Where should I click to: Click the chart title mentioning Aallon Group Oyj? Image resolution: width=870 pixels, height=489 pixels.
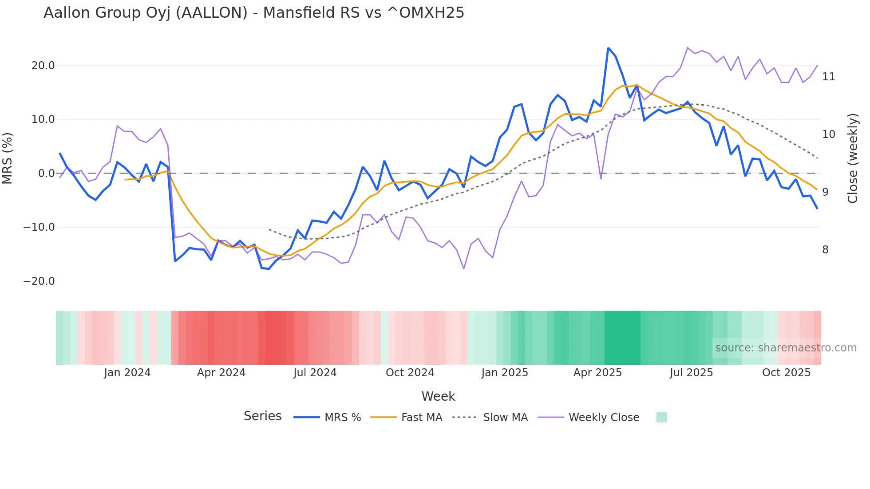click(x=253, y=13)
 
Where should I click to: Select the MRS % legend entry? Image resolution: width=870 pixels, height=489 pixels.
click(x=342, y=418)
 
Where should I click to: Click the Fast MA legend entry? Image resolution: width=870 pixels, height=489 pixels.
click(x=421, y=418)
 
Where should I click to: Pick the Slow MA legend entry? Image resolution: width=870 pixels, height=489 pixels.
click(x=505, y=418)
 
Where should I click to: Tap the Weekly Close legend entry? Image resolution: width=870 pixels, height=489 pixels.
click(x=604, y=418)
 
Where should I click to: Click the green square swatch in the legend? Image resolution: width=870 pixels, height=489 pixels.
click(x=661, y=417)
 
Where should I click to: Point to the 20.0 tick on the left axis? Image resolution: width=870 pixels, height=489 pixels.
click(x=43, y=66)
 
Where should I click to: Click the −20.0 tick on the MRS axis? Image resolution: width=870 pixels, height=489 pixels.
click(x=39, y=281)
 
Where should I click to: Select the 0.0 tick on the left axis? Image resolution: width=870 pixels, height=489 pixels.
click(x=46, y=174)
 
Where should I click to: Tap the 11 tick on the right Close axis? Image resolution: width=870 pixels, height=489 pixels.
click(x=828, y=77)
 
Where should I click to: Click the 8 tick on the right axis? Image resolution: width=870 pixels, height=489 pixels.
click(x=825, y=250)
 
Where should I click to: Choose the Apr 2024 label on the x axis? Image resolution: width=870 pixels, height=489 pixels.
click(x=221, y=373)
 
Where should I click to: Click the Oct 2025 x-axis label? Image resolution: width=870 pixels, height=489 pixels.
click(x=786, y=373)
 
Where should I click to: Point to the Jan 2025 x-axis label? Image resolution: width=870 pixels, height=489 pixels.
click(x=505, y=373)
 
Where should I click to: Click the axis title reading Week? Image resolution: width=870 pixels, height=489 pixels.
click(x=438, y=396)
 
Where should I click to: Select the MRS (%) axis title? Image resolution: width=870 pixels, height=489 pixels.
click(x=8, y=158)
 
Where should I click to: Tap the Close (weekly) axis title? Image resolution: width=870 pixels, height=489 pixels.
click(x=852, y=158)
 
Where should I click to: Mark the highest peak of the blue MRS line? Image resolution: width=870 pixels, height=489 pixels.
click(x=608, y=48)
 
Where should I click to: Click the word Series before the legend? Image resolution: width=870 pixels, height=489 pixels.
click(x=262, y=416)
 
